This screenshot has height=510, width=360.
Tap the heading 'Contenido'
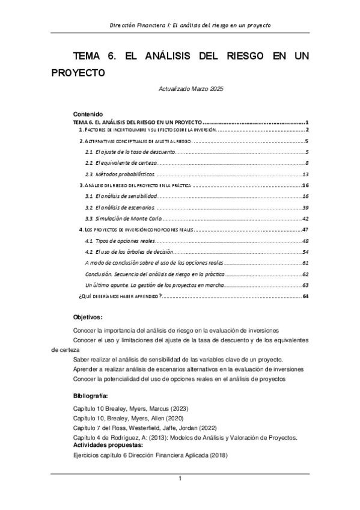click(x=88, y=114)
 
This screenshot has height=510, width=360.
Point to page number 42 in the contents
click(x=305, y=218)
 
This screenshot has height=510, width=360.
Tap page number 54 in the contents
click(x=305, y=251)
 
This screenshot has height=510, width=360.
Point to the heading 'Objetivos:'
click(x=88, y=317)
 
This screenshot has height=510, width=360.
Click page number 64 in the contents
click(x=305, y=296)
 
